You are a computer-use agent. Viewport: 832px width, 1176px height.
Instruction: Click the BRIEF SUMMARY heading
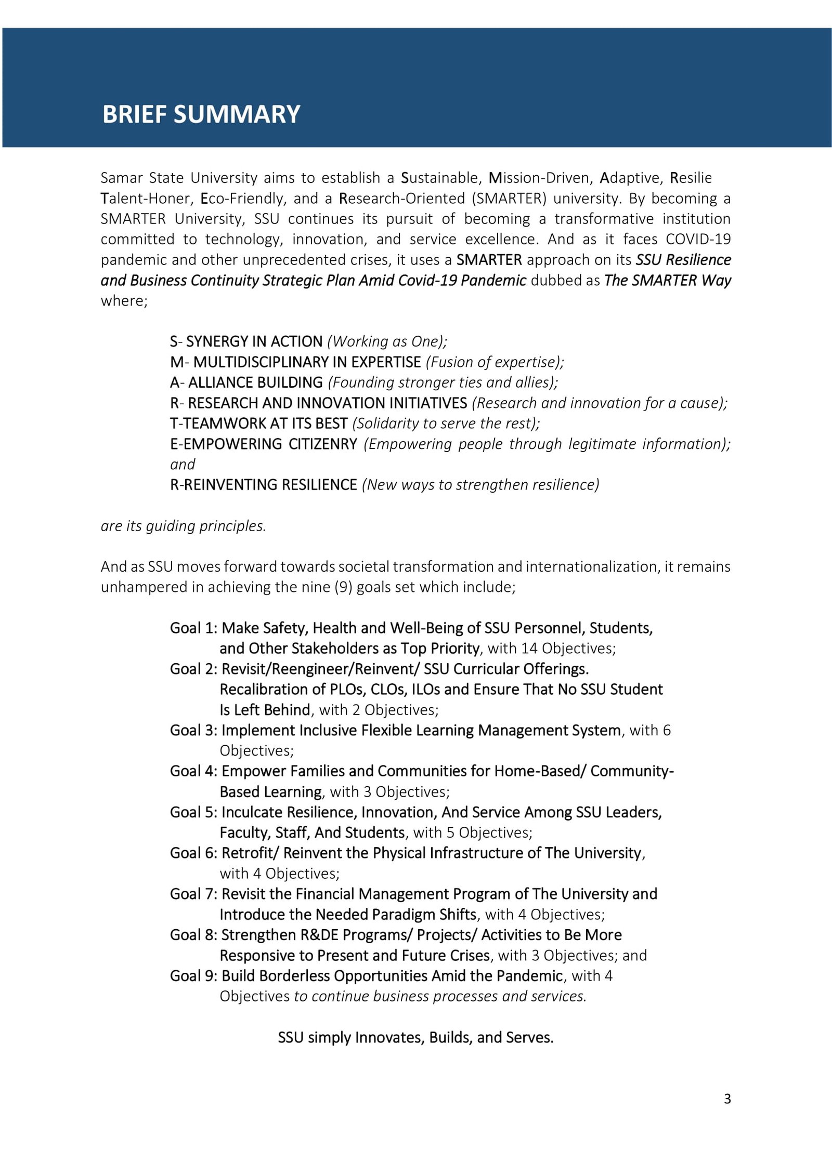201,114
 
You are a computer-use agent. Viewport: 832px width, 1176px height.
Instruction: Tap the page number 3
727,1099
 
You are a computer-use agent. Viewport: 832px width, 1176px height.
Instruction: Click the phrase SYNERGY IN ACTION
254,341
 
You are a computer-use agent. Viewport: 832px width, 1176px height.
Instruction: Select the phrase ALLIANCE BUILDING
255,382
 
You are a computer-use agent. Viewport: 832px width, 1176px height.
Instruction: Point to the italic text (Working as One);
387,341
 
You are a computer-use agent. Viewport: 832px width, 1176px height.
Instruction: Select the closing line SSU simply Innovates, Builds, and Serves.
415,1037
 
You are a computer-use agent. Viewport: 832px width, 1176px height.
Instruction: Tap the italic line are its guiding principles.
184,526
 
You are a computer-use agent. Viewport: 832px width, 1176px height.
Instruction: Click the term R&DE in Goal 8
319,935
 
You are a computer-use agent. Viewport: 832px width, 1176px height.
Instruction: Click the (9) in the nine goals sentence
343,587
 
